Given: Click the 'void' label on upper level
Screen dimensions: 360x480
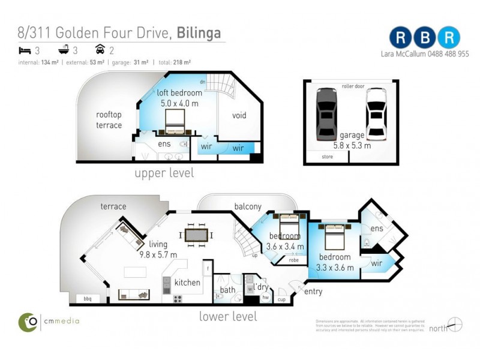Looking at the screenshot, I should click(239, 115).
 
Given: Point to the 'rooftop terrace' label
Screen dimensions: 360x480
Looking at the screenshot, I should click(109, 119).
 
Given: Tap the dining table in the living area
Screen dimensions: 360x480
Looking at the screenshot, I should click(196, 235).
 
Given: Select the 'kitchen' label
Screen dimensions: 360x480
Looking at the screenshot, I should click(187, 282).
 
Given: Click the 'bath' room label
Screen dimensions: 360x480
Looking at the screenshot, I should click(227, 290).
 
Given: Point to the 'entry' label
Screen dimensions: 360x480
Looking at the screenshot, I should click(313, 292).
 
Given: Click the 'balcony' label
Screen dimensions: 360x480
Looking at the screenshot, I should click(248, 206).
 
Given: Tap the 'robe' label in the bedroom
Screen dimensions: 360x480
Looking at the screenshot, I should click(294, 260).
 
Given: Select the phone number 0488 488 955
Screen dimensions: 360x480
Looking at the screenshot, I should click(445, 54).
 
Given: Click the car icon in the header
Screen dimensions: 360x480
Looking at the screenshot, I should click(100, 51).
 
